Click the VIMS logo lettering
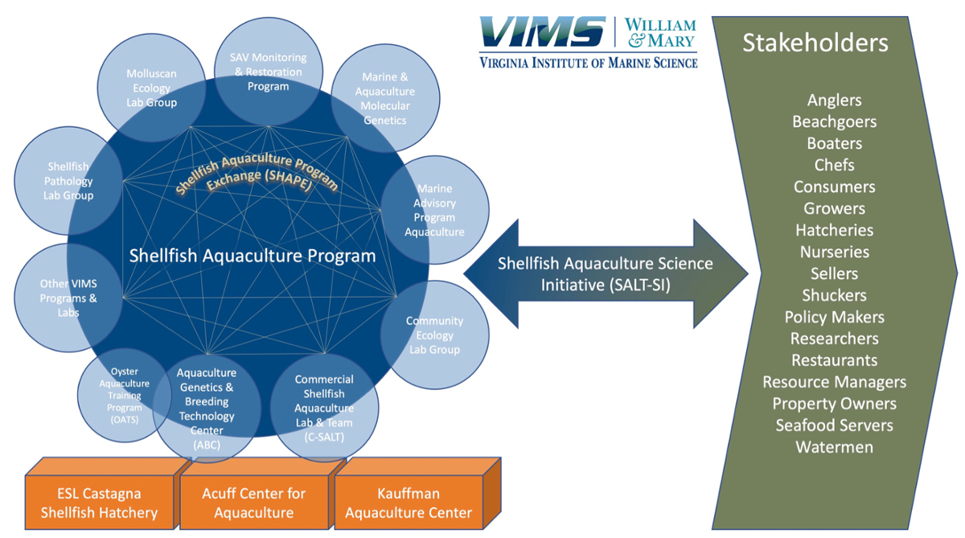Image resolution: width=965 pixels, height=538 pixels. pos(543,33)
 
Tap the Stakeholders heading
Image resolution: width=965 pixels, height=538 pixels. pos(815,43)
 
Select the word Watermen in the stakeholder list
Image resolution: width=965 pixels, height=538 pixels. pos(834,447)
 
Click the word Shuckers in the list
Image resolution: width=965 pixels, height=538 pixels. pos(834,295)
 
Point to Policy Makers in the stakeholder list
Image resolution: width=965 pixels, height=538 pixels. pos(834,317)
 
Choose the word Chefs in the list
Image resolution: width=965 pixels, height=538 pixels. pos(834,165)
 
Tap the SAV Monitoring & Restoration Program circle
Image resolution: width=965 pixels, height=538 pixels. pos(269,72)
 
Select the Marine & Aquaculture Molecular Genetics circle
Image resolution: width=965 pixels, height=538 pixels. pos(384,98)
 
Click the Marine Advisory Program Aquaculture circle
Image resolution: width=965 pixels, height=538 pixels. pos(434,210)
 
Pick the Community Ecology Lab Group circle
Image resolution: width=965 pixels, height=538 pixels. pos(434,335)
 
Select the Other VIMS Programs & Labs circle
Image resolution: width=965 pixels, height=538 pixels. pos(68,298)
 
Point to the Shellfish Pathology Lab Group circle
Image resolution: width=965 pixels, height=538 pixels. pos(69,181)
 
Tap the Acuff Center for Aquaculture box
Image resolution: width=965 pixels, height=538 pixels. pos(253,503)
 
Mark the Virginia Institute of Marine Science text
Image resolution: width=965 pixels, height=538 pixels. pos(588,63)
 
